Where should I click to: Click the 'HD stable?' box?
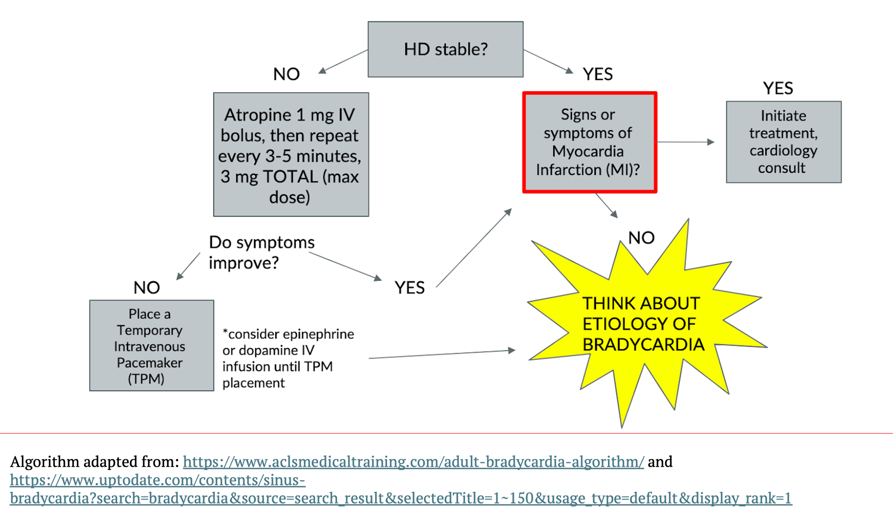445,49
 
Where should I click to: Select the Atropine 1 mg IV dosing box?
291,154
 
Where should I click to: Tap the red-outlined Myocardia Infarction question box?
589,142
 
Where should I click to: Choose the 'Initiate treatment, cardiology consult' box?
783,142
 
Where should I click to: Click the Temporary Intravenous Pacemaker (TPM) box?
151,345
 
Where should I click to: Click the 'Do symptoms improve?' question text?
261,253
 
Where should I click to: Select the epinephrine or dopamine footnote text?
288,358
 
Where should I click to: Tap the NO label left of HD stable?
286,74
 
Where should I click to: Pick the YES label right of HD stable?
598,74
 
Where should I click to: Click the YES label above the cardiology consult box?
778,88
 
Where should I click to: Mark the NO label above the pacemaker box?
146,288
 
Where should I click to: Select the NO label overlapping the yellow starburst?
641,238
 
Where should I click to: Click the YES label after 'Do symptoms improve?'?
409,288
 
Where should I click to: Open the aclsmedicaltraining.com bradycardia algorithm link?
413,462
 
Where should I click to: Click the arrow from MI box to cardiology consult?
685,142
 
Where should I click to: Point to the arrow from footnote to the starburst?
441,354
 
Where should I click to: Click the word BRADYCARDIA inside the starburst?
643,345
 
